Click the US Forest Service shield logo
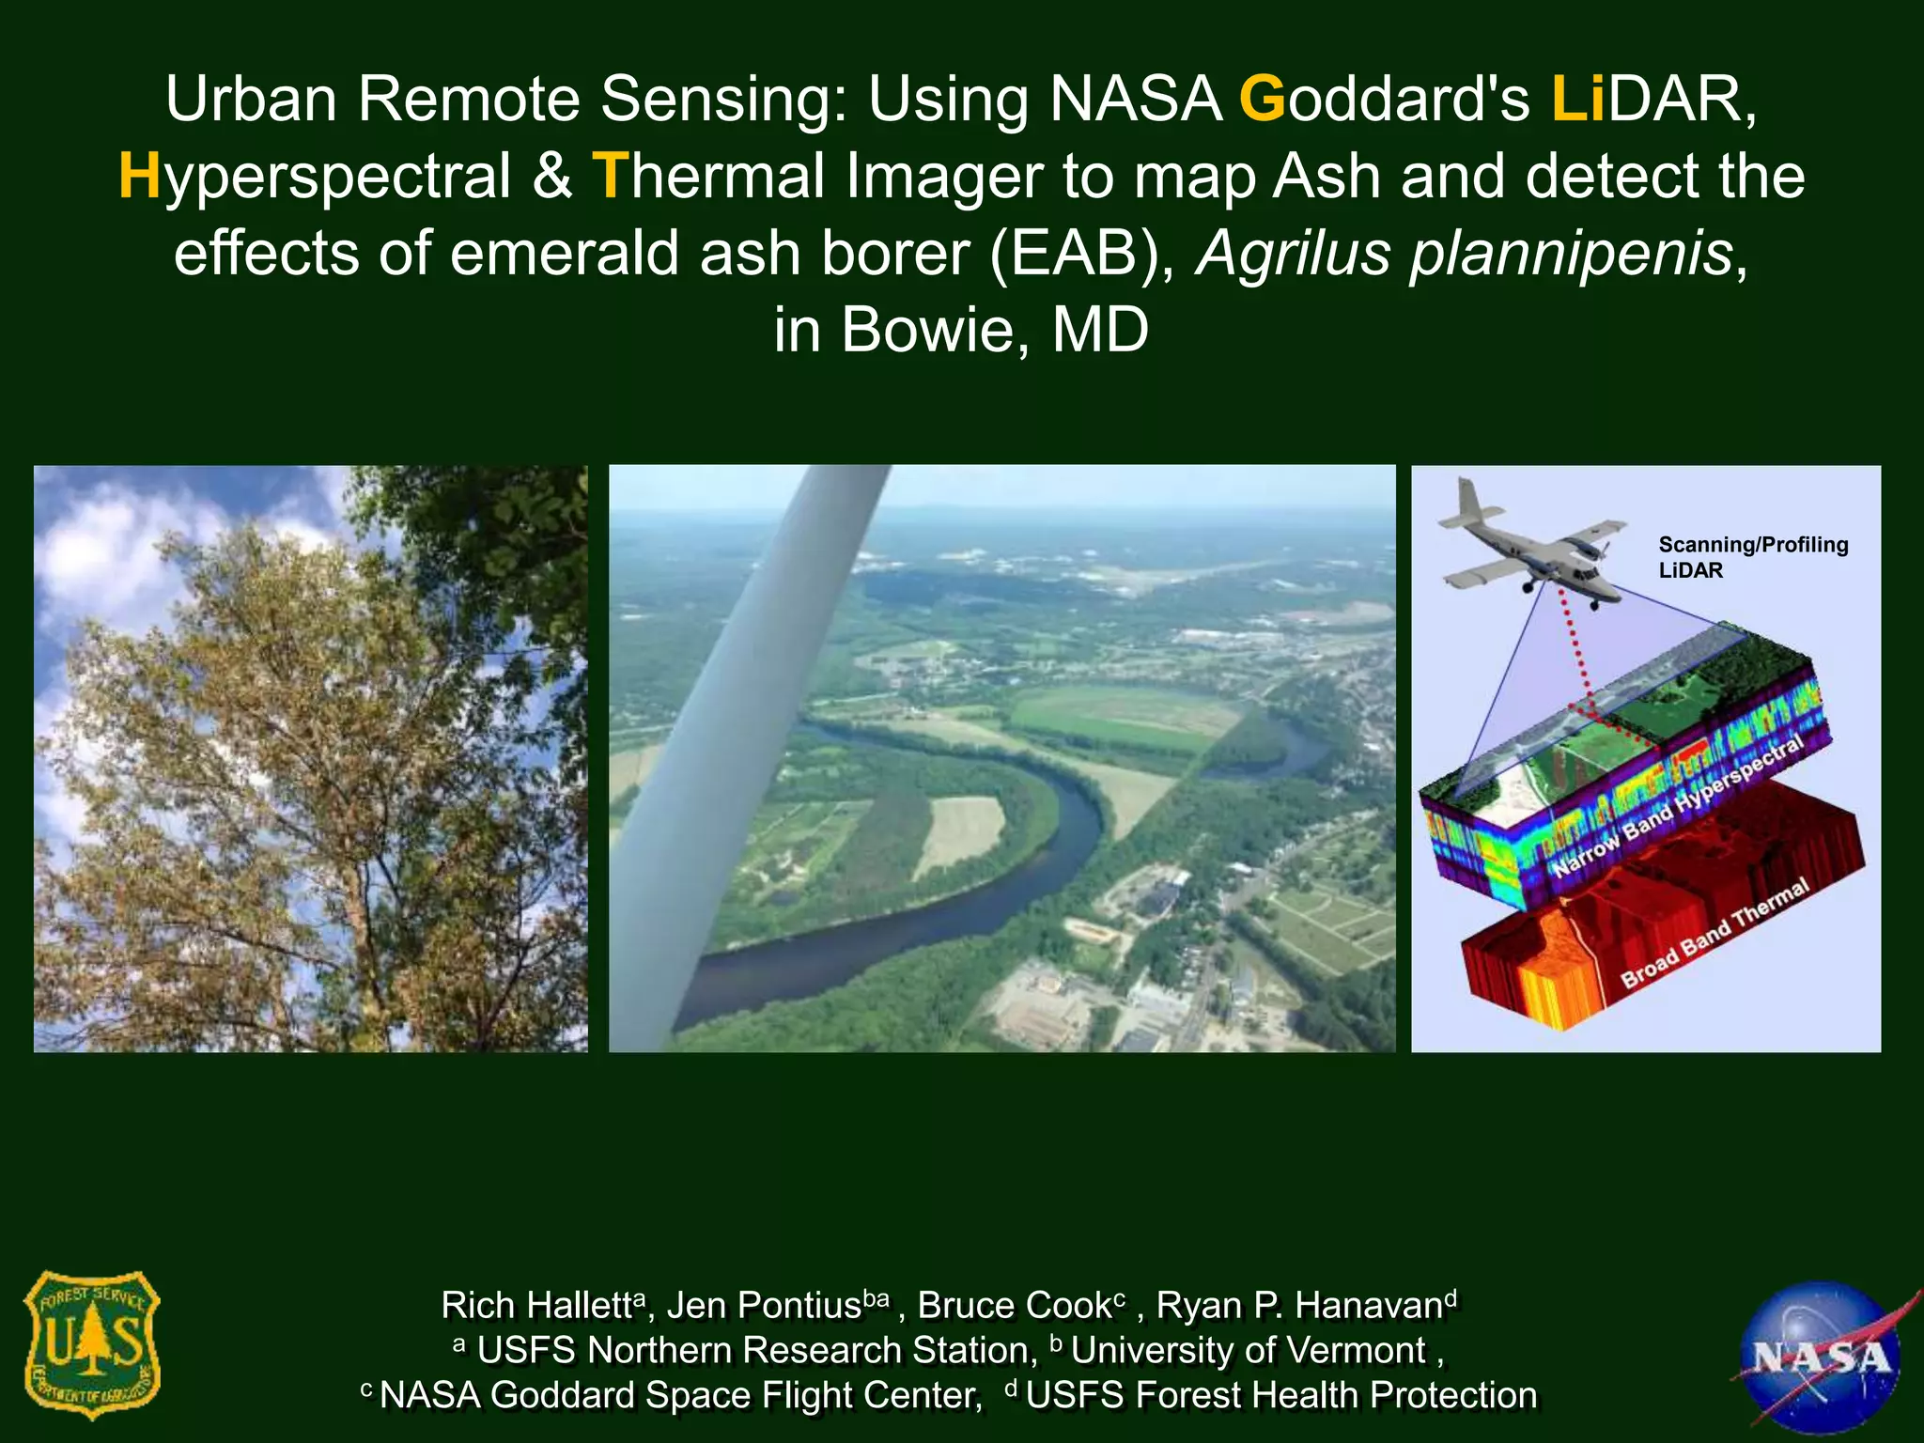pos(91,1344)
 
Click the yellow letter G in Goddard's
pos(1262,99)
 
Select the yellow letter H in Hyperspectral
pos(140,177)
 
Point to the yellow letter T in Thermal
pos(609,177)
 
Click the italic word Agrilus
pos(1292,254)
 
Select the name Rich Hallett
pos(537,1306)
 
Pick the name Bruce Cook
pos(1015,1306)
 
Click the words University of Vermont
pos(1248,1351)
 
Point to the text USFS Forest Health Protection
pos(1280,1395)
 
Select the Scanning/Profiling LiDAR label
pos(1751,557)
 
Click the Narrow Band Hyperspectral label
pos(1678,806)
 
